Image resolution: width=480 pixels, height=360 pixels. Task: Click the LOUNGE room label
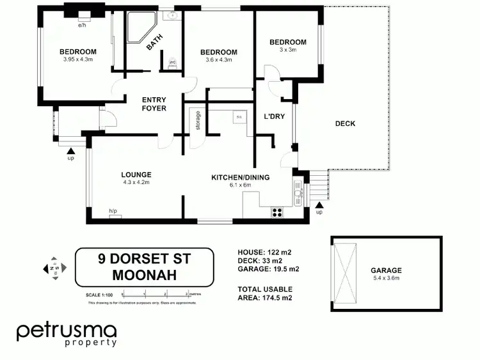tap(136, 174)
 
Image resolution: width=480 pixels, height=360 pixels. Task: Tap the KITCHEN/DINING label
tap(240, 177)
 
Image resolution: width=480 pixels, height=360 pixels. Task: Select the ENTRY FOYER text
tap(154, 104)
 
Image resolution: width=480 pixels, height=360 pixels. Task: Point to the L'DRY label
tap(275, 117)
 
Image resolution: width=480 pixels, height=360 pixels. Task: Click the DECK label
tap(345, 123)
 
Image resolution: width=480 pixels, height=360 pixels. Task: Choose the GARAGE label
tap(386, 270)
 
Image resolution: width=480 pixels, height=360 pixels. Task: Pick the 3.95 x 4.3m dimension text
tap(78, 60)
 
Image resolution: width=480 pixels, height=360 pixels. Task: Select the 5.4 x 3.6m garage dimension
tap(386, 278)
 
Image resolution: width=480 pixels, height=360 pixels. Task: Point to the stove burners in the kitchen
tap(278, 212)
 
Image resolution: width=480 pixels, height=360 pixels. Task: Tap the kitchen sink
tap(297, 191)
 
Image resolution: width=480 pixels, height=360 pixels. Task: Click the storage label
tap(198, 121)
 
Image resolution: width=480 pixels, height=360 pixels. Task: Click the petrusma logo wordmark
tap(67, 331)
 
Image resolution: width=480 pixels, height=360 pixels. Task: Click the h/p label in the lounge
tap(113, 211)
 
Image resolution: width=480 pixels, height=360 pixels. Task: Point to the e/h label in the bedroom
tap(82, 26)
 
